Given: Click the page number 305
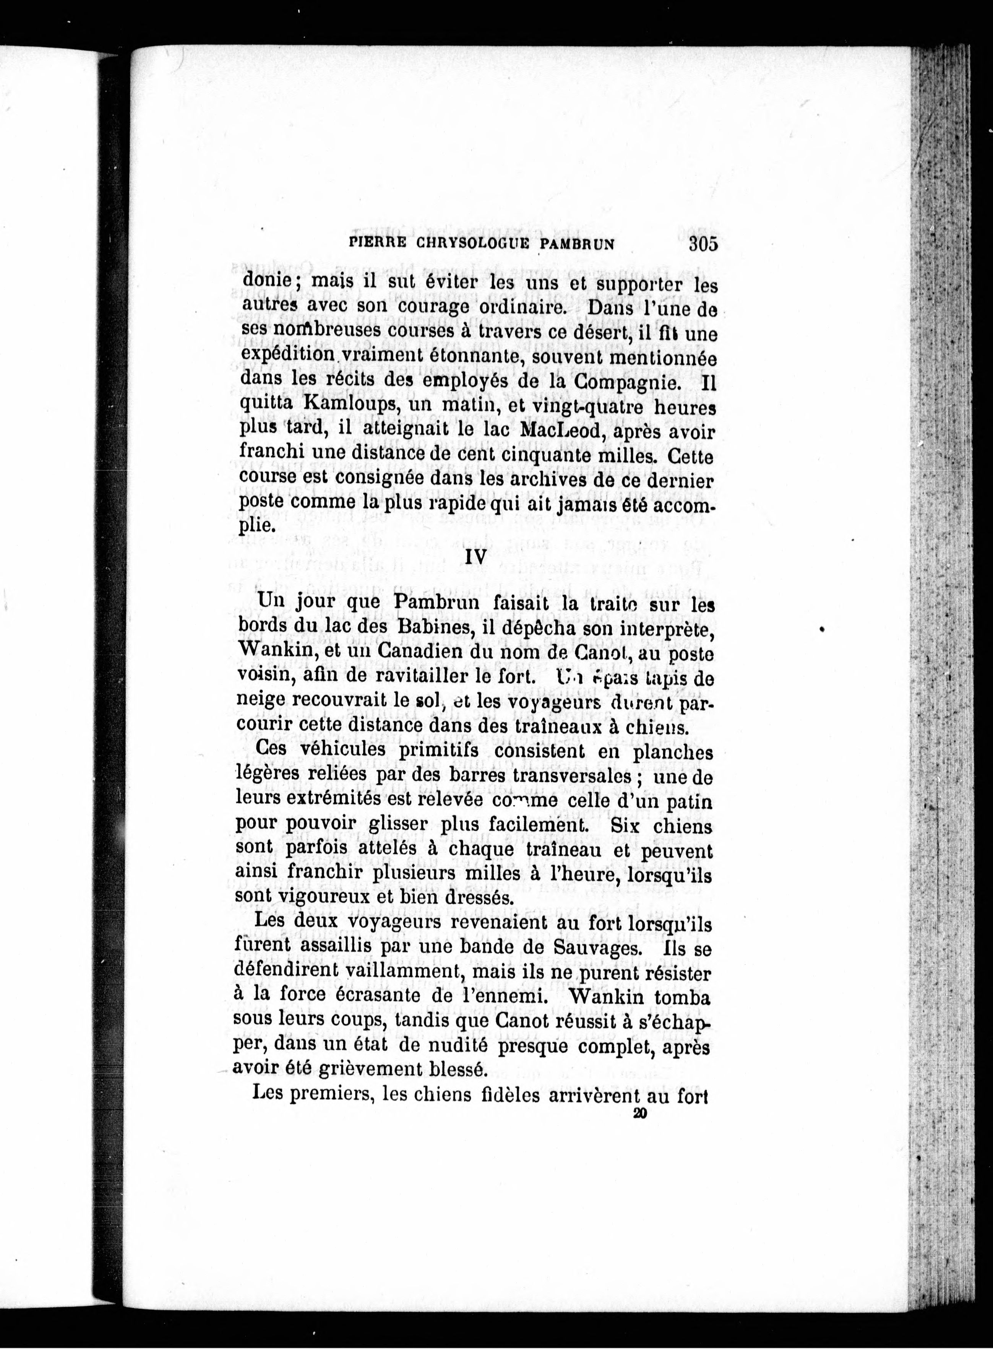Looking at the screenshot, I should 704,245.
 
